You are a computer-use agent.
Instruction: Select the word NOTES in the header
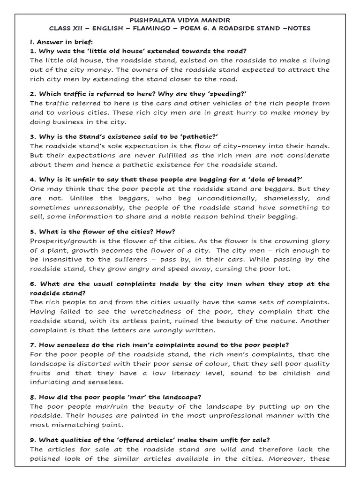pyautogui.click(x=298, y=29)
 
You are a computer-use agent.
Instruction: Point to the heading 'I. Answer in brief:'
pyautogui.click(x=61, y=42)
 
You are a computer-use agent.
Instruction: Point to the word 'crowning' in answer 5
pyautogui.click(x=290, y=240)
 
